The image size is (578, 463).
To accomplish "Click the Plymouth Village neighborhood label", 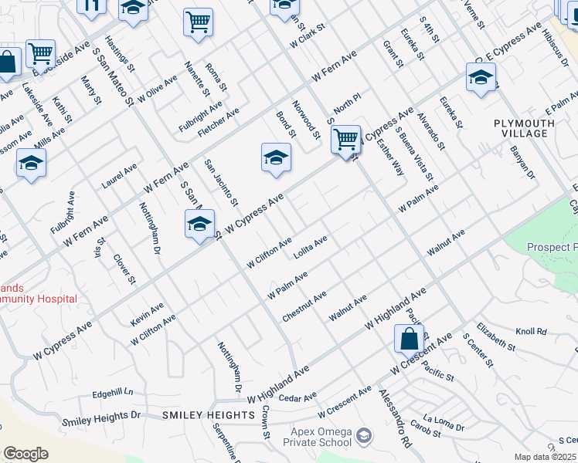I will (525, 128).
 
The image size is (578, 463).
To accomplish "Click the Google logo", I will (25, 454).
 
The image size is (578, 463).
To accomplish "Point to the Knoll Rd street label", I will (531, 332).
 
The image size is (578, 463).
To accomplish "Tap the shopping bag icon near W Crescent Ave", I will (409, 338).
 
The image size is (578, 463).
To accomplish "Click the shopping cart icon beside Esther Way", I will (345, 140).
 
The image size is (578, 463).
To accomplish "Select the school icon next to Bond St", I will (276, 158).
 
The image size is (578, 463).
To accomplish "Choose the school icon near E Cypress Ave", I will (481, 78).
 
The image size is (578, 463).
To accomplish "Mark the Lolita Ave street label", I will (311, 247).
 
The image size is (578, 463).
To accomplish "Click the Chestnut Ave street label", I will (304, 306).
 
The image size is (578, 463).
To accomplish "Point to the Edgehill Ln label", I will (113, 394).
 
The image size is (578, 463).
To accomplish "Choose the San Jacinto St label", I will (220, 183).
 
